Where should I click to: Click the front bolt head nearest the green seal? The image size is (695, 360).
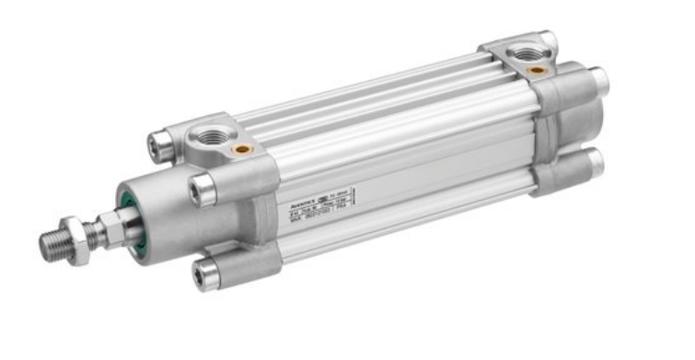click(202, 190)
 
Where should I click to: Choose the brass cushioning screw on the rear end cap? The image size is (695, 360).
click(538, 71)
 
